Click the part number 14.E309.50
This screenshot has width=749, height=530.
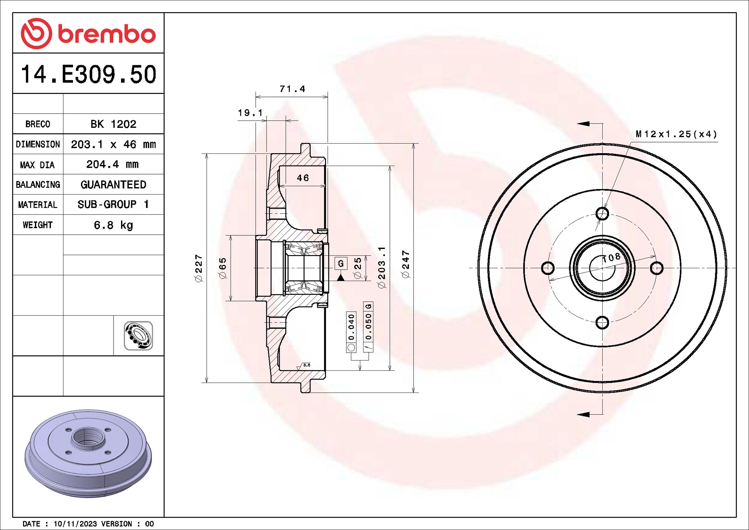coord(89,74)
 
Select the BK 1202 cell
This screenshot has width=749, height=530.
coord(113,124)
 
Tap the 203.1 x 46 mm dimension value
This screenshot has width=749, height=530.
coord(113,144)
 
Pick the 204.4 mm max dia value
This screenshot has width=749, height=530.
coord(112,164)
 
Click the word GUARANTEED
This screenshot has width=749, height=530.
coord(113,185)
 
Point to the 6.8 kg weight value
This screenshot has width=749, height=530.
coord(113,225)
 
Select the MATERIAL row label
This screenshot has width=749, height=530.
coord(38,205)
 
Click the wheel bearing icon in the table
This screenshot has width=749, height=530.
coord(138,336)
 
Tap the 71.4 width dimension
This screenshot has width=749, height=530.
coord(292,89)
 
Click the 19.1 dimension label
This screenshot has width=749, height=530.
coord(250,113)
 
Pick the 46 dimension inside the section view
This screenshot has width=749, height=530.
coord(303,178)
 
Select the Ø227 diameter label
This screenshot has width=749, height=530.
coord(199,268)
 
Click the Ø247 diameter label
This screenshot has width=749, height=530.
coord(405,264)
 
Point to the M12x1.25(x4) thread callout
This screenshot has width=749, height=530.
coord(676,134)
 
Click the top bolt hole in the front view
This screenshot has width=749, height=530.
coord(602,214)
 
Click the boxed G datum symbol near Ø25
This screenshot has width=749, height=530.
coord(341,263)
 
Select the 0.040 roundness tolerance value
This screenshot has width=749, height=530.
coord(351,327)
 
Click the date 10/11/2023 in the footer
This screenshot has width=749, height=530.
coord(75,524)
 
